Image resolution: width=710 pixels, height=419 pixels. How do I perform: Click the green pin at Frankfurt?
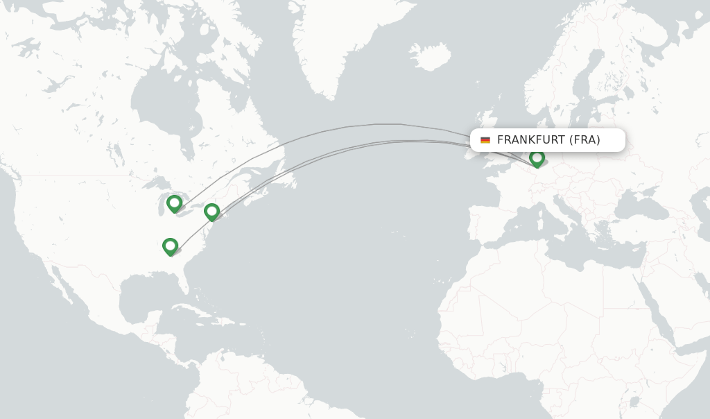pyautogui.click(x=537, y=158)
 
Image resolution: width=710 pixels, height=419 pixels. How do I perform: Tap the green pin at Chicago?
pyautogui.click(x=174, y=203)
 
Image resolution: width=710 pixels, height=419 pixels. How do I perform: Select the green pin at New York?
pyautogui.click(x=211, y=212)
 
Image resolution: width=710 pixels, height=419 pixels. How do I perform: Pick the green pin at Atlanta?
pyautogui.click(x=170, y=246)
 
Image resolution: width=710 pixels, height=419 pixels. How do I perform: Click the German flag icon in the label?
pyautogui.click(x=485, y=140)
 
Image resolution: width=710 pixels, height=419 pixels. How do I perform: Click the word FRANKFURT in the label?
pyautogui.click(x=530, y=140)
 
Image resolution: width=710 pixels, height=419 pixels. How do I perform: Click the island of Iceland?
pyautogui.click(x=430, y=57)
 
